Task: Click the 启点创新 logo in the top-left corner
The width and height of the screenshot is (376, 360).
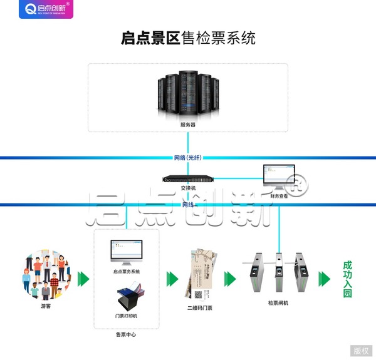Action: click(46, 9)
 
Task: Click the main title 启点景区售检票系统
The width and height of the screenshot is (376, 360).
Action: click(188, 38)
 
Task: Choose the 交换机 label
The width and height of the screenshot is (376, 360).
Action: click(188, 187)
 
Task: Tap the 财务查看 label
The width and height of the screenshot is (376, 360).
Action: click(279, 196)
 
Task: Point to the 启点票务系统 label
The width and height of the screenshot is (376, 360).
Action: click(127, 271)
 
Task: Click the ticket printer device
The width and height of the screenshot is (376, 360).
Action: click(128, 297)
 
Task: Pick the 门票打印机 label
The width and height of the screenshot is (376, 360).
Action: click(127, 316)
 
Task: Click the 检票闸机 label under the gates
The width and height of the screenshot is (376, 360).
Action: click(278, 303)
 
